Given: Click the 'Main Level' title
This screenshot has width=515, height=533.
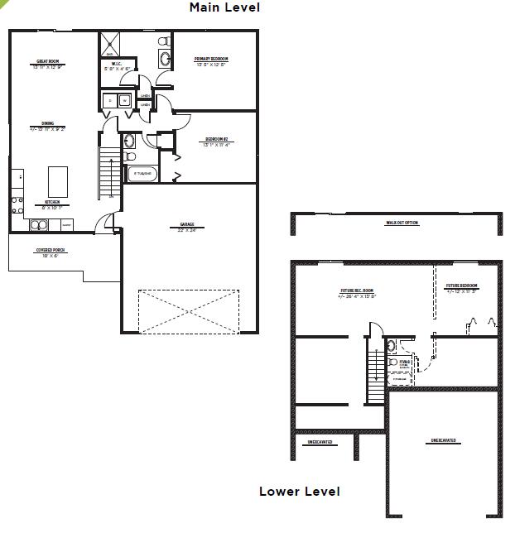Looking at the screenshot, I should coord(224,7).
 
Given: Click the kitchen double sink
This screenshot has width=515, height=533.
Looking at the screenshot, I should coord(40,224).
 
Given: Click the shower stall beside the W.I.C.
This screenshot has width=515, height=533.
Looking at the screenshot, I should coord(110,44).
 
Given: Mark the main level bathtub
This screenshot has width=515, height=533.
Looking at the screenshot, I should coord(142,174).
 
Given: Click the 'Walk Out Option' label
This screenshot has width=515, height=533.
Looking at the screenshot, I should coord(402,223).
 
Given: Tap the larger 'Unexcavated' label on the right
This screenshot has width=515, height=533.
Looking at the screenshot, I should coord(445,440).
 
